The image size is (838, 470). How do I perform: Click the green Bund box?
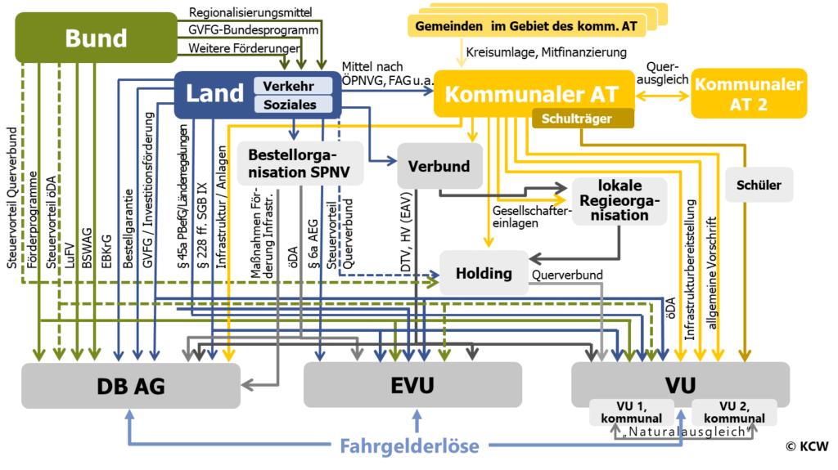coord(96,38)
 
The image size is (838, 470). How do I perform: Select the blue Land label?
coord(214,93)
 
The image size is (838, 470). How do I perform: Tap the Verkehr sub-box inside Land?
coord(293,86)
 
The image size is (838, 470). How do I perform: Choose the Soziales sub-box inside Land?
coord(293,105)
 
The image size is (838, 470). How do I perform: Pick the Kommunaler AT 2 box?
coord(749,94)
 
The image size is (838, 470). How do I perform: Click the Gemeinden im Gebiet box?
coord(527,26)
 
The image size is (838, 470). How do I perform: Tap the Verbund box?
coord(439,166)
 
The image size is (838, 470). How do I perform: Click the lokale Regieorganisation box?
coord(619,200)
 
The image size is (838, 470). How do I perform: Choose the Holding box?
coord(484,273)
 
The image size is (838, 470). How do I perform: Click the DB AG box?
coord(132,386)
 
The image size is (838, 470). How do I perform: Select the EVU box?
coord(412,385)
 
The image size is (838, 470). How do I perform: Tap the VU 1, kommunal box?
coord(631,412)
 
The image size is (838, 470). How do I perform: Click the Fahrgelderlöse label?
coord(409,445)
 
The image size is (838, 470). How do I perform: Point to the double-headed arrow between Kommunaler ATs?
coord(663,95)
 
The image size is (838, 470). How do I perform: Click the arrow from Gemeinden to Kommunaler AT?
coord(462,54)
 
